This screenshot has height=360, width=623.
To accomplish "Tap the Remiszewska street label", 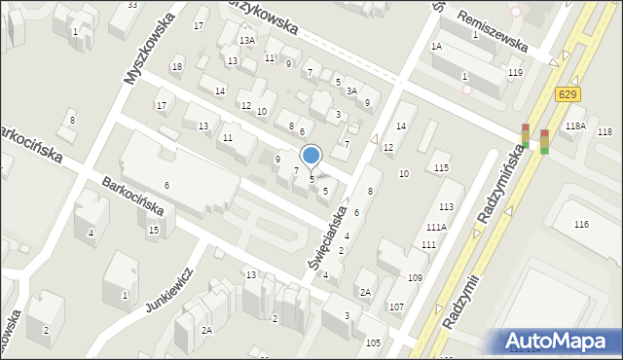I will point(496,44).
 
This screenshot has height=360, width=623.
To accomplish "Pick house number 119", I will point(514,73).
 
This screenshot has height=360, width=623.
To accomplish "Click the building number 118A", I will point(575,126).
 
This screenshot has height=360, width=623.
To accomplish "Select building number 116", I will point(582,225).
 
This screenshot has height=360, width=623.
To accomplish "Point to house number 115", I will point(442,168).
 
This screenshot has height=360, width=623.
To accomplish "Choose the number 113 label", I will point(446,207).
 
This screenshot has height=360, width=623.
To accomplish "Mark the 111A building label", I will point(435,227).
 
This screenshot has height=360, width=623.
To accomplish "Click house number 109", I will point(415,278).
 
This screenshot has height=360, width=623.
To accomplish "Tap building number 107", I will point(395,307).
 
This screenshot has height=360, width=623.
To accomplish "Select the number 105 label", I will point(373,343).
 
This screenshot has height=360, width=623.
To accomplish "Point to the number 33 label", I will point(132,5).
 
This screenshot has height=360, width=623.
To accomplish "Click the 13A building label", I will point(247,40).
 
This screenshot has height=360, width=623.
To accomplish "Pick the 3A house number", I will point(351,90).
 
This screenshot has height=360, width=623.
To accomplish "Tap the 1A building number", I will point(436,47).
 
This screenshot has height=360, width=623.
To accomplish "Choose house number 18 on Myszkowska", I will point(176,67).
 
